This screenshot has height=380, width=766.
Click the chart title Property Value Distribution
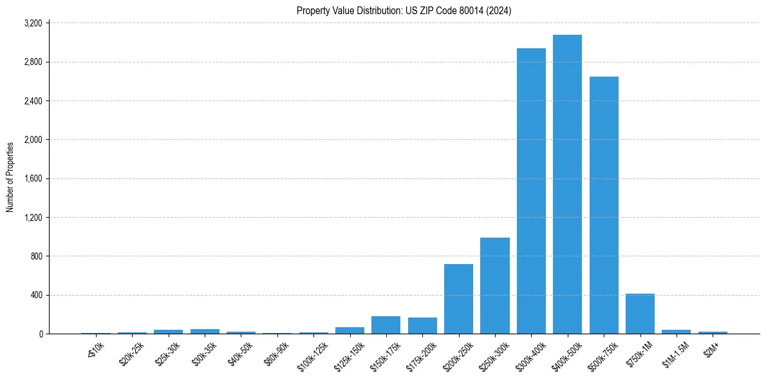pyautogui.click(x=404, y=11)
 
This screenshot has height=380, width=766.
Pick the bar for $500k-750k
pyautogui.click(x=604, y=205)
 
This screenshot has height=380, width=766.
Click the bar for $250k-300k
pyautogui.click(x=494, y=286)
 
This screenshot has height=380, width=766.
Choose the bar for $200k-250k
pyautogui.click(x=458, y=299)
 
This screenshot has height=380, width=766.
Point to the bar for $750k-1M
pyautogui.click(x=640, y=314)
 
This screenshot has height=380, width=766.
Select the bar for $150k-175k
pyautogui.click(x=386, y=325)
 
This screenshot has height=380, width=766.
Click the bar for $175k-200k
pyautogui.click(x=422, y=326)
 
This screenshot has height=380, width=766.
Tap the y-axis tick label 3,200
pyautogui.click(x=33, y=23)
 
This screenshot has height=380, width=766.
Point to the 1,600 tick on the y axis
pyautogui.click(x=33, y=179)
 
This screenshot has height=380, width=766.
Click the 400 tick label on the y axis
pyautogui.click(x=36, y=296)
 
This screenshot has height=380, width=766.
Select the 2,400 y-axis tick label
pyautogui.click(x=33, y=101)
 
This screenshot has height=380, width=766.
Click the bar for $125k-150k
pyautogui.click(x=350, y=330)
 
